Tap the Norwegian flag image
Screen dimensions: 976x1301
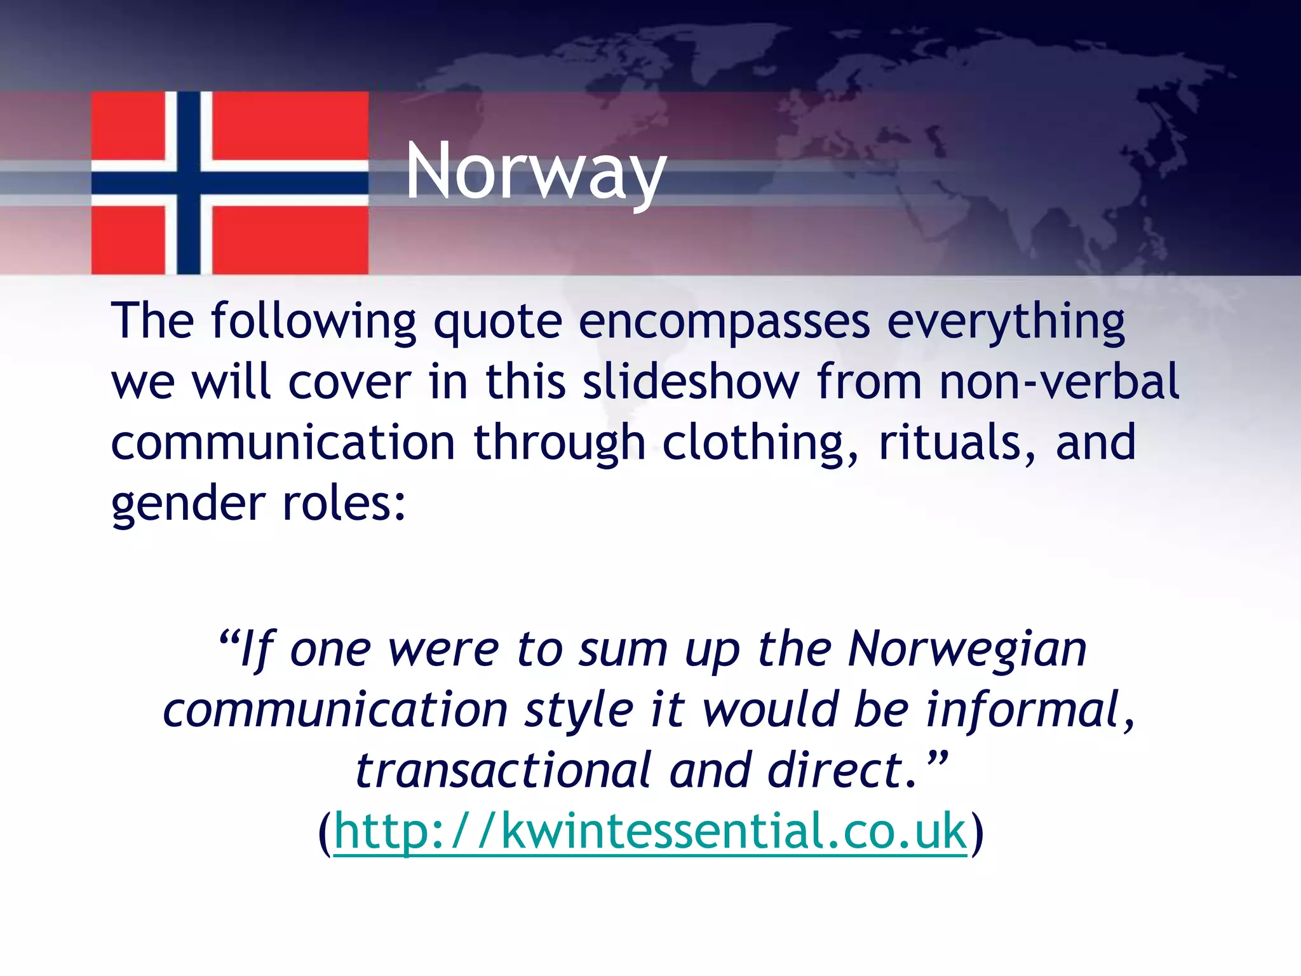pyautogui.click(x=229, y=183)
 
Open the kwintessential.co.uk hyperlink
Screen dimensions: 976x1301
pyautogui.click(x=650, y=830)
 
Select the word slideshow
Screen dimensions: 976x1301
pyautogui.click(x=691, y=382)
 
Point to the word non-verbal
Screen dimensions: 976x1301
pyautogui.click(x=1059, y=382)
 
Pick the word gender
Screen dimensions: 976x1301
pyautogui.click(x=188, y=504)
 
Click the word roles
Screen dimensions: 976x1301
pyautogui.click(x=344, y=504)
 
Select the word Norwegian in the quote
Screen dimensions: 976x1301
pyautogui.click(x=967, y=649)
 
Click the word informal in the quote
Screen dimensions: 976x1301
pyautogui.click(x=1029, y=710)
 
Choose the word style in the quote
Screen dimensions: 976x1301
pyautogui.click(x=579, y=710)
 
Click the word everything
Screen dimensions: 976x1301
pyautogui.click(x=1006, y=322)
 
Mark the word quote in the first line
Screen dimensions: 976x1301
pyautogui.click(x=497, y=322)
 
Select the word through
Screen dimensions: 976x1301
pyautogui.click(x=559, y=443)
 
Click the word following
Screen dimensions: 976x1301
pyautogui.click(x=313, y=322)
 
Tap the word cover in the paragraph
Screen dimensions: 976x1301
pyautogui.click(x=349, y=382)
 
